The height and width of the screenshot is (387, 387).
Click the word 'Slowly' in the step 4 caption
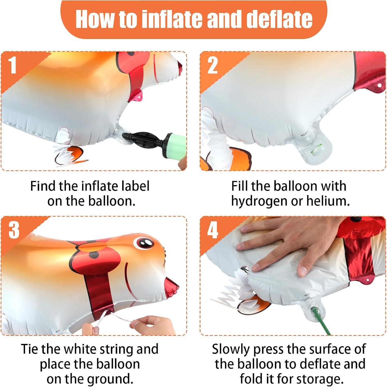(231, 350)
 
